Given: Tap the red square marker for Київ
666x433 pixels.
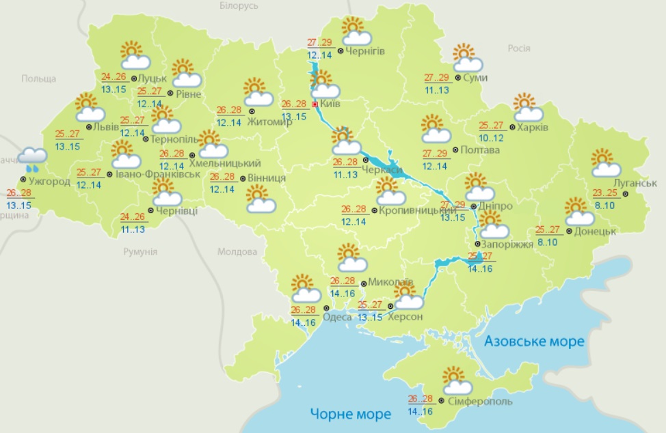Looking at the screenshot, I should (x=315, y=104).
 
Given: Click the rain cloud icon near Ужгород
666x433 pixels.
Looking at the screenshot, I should (x=33, y=158).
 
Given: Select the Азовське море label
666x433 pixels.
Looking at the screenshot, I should (x=533, y=341).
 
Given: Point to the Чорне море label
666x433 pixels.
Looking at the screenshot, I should (x=350, y=413).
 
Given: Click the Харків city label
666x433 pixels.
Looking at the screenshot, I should (x=533, y=127).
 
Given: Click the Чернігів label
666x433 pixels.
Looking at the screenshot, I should (x=365, y=51).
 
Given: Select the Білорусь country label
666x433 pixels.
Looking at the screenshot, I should (x=239, y=5).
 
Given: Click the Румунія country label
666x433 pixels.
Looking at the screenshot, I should (x=141, y=251).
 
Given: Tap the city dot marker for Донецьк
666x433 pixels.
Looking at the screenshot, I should (x=568, y=231).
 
